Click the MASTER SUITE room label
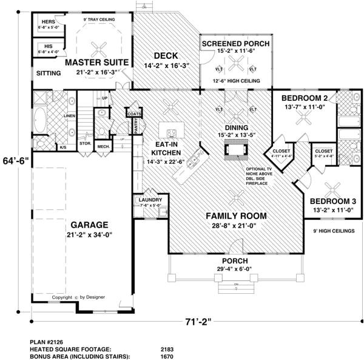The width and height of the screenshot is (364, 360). (x=96, y=62)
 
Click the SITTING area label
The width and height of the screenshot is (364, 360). (x=49, y=73)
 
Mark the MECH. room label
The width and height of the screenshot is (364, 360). (x=103, y=146)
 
